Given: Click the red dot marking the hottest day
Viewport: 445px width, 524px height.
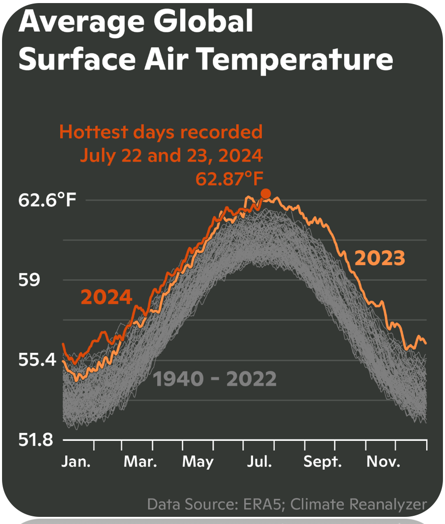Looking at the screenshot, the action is (x=266, y=194).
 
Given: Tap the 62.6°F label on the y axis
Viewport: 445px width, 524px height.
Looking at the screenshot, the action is (x=47, y=200).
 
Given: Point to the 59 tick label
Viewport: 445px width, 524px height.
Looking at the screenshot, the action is (x=29, y=279).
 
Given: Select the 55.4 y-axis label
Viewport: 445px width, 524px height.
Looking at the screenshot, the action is (x=37, y=359).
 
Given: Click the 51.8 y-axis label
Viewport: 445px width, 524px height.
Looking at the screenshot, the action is (x=36, y=439).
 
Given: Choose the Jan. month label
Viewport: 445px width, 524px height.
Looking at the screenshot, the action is (x=76, y=461).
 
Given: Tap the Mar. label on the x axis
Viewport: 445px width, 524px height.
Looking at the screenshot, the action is (x=140, y=461).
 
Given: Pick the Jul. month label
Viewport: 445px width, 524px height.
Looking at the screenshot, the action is (x=259, y=461).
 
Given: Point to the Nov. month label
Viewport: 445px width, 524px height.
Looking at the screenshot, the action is (x=383, y=461).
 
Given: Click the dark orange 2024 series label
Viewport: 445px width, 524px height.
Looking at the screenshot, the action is (x=107, y=297).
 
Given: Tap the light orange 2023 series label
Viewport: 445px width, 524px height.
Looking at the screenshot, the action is (x=380, y=258).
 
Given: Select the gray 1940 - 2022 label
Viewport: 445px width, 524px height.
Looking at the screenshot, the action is (x=215, y=379).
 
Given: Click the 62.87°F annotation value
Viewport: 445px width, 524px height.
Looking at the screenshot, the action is (x=230, y=178).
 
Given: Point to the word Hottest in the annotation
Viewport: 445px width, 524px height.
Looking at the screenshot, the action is (x=93, y=132).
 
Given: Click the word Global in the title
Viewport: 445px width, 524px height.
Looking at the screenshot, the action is (x=203, y=21).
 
